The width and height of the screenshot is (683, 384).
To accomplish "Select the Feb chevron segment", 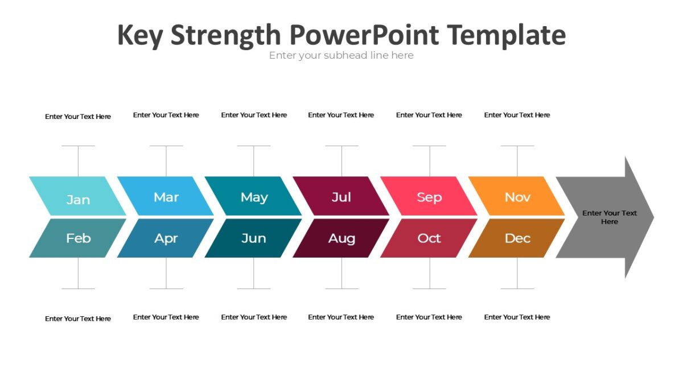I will pos(78,238).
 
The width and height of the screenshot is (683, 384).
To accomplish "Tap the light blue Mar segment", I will pos(166,197).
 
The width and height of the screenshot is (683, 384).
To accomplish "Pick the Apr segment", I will pos(166,238).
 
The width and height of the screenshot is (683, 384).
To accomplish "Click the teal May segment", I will pos(254,197).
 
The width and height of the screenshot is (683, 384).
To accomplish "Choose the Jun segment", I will pos(254,238).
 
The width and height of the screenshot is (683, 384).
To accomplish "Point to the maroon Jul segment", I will pos(341,197).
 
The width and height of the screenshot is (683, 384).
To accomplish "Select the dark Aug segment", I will pos(341,238).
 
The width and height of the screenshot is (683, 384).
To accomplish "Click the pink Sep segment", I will pos(429,197).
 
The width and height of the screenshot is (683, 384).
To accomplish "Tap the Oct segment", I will pos(429,238).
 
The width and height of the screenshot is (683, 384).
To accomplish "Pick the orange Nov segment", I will pos(517,197).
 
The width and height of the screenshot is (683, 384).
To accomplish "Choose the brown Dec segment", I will pos(517,238).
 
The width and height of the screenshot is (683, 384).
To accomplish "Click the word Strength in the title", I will pos(225,35).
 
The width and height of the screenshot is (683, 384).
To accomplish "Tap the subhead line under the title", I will pos(341,55).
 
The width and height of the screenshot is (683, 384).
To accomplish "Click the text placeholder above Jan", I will pos(78,117).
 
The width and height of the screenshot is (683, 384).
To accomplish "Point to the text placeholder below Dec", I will pos(517,317).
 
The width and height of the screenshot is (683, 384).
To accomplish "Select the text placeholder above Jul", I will pos(341,115).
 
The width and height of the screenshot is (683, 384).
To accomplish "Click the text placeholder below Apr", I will pos(166,317).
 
